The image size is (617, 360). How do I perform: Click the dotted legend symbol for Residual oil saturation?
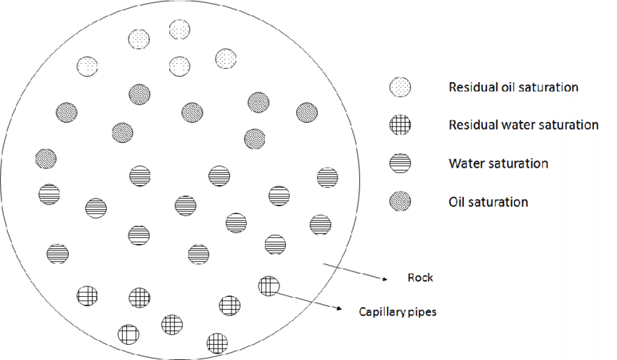tap(400, 88)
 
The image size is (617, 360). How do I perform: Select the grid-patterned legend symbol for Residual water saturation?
tap(400, 126)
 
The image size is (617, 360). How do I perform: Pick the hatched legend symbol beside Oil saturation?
tap(400, 201)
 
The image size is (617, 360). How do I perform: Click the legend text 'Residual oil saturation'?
tap(513, 87)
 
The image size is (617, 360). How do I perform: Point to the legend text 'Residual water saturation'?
tap(523, 125)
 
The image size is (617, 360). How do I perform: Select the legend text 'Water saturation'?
tap(498, 163)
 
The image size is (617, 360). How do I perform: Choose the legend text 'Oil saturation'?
tap(489, 202)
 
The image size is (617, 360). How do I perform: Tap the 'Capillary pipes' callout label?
tap(397, 313)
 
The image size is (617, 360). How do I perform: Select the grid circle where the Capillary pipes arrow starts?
tap(268, 286)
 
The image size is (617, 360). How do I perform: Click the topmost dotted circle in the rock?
tap(180, 30)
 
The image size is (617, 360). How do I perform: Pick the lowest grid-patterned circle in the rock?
tap(217, 342)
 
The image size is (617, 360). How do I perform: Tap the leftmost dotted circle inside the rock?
tap(87, 66)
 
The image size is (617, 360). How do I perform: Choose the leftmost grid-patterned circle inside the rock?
tap(88, 295)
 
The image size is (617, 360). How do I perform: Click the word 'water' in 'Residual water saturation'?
tap(518, 125)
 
